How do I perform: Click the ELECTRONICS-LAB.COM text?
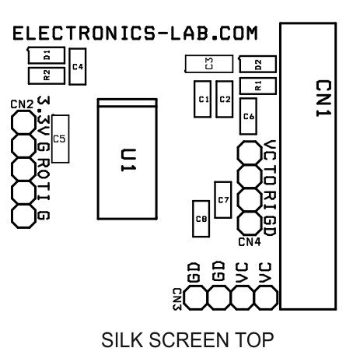(135, 33)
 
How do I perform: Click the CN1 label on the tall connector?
(323, 99)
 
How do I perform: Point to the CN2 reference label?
(22, 104)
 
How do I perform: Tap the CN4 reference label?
(250, 242)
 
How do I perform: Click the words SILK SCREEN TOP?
(187, 339)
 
